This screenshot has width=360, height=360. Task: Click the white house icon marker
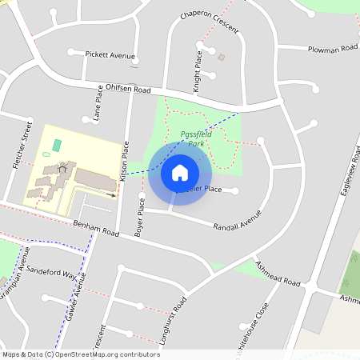pos(179,172)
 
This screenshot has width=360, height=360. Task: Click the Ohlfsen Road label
pos(128,90)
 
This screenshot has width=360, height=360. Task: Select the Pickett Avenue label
pos(111,55)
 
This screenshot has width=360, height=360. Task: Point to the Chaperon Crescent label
pos(210,22)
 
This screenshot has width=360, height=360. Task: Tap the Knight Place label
pos(198,63)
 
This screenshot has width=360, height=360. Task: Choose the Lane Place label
pos(98,107)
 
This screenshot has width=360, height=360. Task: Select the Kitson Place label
pos(125,157)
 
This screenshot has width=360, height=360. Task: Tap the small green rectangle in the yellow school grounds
pos(56,145)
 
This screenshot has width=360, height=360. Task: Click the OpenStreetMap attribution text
pos(81,354)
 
